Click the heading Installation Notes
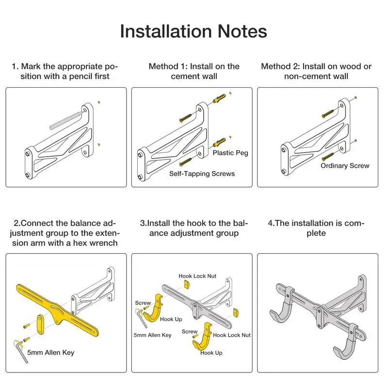click(194, 32)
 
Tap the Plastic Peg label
click(230, 153)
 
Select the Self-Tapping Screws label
click(202, 174)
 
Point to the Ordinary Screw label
click(345, 165)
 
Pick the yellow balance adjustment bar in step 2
click(57, 310)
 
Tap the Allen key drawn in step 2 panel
click(20, 351)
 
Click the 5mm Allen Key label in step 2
click(50, 353)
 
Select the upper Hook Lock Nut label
click(197, 276)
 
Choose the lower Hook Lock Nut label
click(232, 335)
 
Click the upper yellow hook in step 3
click(153, 309)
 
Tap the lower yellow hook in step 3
click(202, 337)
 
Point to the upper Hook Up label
click(171, 319)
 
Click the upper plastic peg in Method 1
click(219, 98)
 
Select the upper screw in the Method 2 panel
click(328, 113)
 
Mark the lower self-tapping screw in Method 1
click(186, 162)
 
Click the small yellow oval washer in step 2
click(40, 324)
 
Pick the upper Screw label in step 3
click(143, 303)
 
